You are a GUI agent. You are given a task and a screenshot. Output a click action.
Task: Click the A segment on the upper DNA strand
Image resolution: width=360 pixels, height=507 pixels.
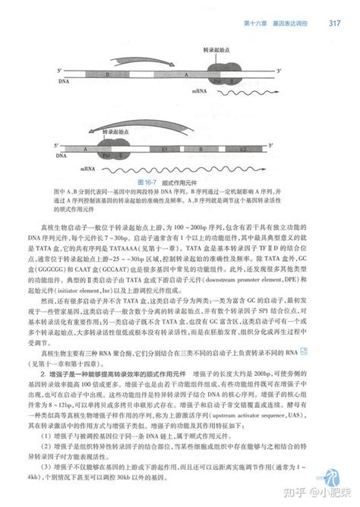pyautogui.click(x=187, y=76)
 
